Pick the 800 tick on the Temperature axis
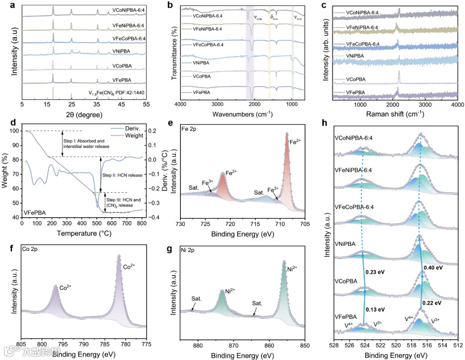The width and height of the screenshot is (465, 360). [143, 223]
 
